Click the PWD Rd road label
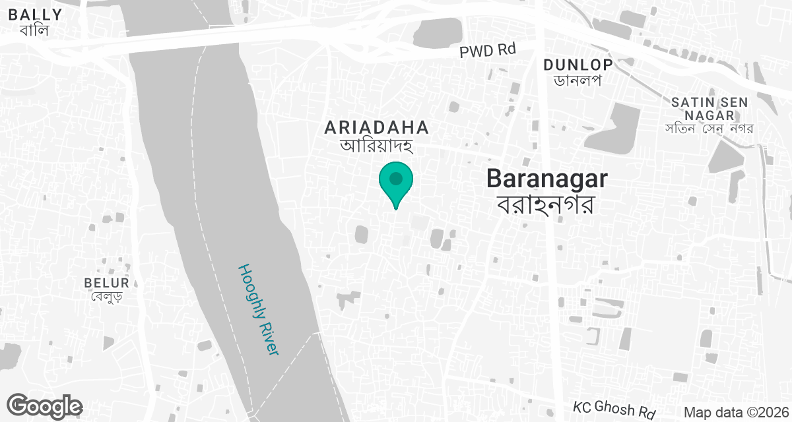coord(487,50)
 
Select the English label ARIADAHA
coord(376,127)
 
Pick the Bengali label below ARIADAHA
coord(376,145)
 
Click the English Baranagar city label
coord(547,179)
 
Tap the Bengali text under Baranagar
coord(547,204)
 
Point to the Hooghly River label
coord(259,310)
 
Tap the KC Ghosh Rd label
coord(614,409)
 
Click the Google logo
coord(44,406)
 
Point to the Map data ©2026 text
coord(736,412)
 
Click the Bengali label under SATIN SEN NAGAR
coord(709,128)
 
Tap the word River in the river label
coord(269,337)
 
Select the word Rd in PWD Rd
coord(504,50)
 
